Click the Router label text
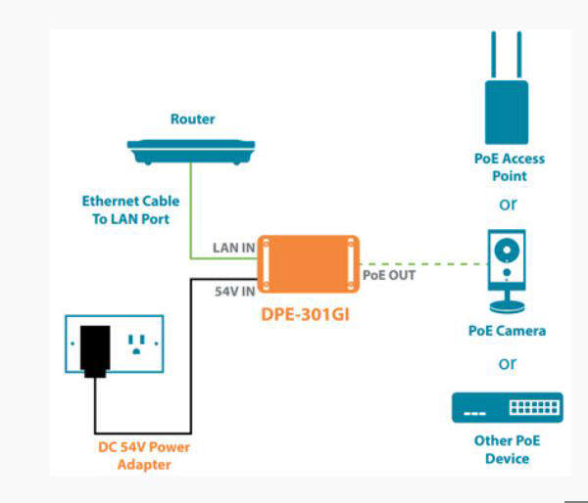pos(192,119)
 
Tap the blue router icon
pos(191,151)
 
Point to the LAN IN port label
pos(233,248)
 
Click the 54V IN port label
pos(234,291)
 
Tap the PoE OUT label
pos(389,275)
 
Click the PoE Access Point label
pos(508,167)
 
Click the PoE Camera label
pos(507,331)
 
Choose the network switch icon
pos(507,407)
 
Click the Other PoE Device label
pos(507,449)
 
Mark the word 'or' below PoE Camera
pos(508,364)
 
